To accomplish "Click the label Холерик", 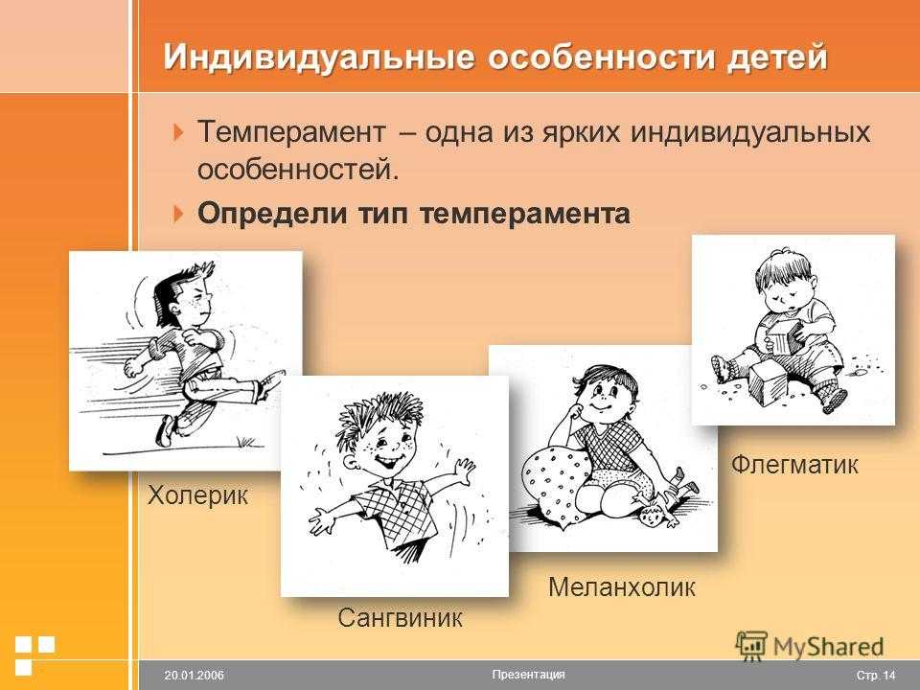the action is (x=197, y=495).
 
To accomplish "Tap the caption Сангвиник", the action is (x=400, y=618).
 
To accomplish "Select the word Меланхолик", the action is (x=622, y=586).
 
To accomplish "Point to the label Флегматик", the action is (x=794, y=465).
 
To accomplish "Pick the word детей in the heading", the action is (x=777, y=57).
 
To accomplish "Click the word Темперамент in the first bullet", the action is (x=291, y=131).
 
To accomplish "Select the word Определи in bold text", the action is (x=272, y=214).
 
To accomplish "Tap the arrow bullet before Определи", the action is (x=179, y=213).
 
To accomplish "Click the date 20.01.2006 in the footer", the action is (x=195, y=676).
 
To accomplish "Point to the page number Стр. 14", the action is (x=876, y=676).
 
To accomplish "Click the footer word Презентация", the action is (x=529, y=674).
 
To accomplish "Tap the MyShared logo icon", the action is (x=751, y=646).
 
